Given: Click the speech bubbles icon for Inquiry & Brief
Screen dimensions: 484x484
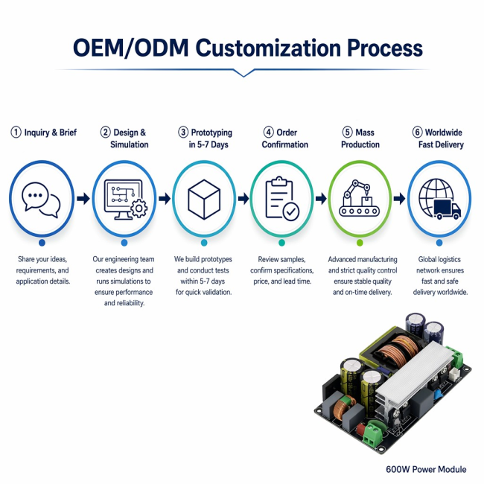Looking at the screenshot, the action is point(41,200).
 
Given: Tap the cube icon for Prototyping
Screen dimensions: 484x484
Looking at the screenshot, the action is point(204,200).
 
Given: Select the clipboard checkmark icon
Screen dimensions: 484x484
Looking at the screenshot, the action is point(282,199).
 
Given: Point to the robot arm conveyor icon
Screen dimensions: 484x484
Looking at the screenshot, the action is point(360,198).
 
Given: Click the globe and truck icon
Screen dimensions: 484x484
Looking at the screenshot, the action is point(439,199).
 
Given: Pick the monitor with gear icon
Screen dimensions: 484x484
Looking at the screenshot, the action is point(125,200).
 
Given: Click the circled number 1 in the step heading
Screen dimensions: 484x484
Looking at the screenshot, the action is point(16,133).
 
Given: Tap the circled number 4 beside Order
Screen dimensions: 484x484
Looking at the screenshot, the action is point(269,132).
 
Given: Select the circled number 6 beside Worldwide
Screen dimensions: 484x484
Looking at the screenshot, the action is point(417,132).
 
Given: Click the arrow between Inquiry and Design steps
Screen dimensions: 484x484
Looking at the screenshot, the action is point(83,199).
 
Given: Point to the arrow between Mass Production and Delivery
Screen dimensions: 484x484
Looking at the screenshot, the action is point(399,199).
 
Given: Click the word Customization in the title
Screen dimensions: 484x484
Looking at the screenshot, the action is point(268,48).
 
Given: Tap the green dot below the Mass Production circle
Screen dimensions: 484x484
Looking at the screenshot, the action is point(360,243).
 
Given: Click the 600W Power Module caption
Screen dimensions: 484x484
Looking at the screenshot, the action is point(426,470).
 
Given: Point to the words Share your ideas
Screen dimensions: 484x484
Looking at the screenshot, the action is point(42,259).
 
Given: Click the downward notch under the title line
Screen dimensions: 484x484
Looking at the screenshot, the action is point(243,74).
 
